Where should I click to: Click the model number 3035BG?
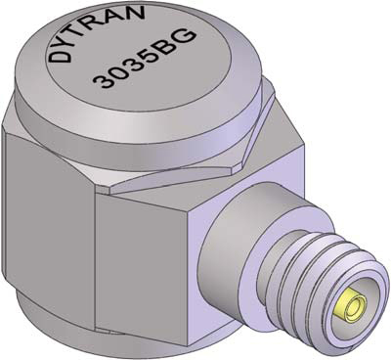[144, 59]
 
